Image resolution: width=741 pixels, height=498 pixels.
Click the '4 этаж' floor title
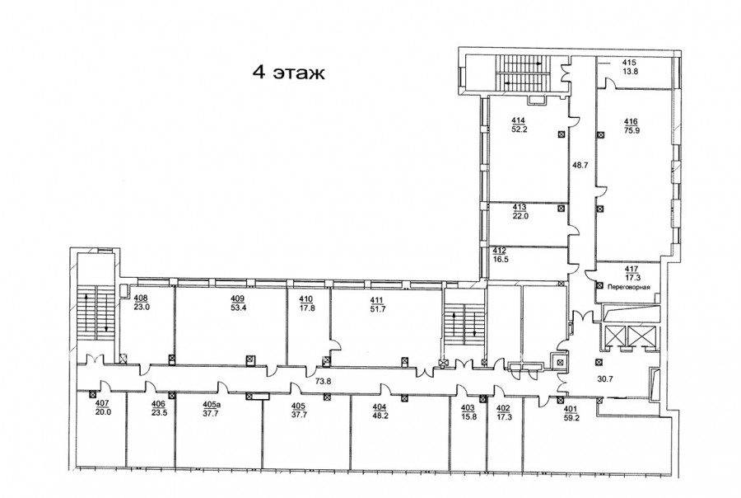289,73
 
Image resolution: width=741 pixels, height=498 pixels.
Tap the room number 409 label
238,298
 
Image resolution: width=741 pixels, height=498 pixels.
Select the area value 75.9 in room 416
631,130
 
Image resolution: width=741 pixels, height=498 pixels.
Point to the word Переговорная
630,287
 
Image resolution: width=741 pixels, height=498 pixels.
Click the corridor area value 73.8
324,379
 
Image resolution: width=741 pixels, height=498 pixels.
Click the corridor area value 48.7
580,165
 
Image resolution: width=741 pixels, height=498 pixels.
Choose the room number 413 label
520,208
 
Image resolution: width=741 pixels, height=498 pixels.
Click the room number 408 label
141,298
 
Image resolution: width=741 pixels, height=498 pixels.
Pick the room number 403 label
468,408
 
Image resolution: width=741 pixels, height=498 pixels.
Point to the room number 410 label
307,298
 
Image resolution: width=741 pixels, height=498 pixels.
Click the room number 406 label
158,404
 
